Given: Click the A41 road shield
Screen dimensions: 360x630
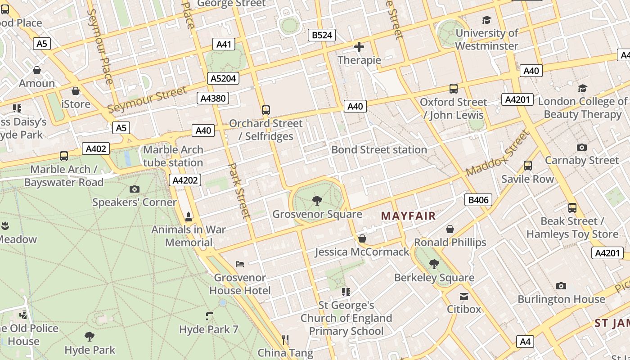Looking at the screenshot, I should coord(224,44).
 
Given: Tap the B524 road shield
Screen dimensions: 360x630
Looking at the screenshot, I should coord(322,35).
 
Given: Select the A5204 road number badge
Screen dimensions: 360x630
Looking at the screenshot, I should coord(223,78).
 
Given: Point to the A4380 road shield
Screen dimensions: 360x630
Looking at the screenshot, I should coord(213,98).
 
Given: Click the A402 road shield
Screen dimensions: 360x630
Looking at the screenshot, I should coord(95,149).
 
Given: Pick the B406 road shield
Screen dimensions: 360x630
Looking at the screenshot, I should coord(478,200).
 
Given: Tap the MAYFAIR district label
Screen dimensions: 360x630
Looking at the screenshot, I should coord(408,216).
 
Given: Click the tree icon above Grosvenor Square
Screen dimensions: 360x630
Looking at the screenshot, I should coord(317,201).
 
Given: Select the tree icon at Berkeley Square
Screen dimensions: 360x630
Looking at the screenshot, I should coord(434,264).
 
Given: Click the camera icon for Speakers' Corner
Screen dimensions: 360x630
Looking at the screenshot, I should coord(134,189).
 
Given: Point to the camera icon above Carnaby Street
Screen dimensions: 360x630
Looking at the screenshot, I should coord(582,147).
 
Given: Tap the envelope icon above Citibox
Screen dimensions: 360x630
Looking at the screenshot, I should coord(463,296).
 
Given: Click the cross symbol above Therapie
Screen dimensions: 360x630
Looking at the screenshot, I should coord(359,47).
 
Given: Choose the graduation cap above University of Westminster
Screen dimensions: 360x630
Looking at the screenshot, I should coord(486,20).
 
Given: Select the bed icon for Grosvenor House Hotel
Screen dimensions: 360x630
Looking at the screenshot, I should coord(240,264).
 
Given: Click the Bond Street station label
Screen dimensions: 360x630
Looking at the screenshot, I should coord(379,149).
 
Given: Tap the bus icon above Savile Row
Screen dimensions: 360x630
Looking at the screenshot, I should coord(528,166).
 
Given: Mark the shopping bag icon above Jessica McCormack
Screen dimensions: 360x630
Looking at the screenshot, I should coord(362,238).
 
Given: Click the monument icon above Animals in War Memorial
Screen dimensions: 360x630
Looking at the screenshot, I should coord(189,216).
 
